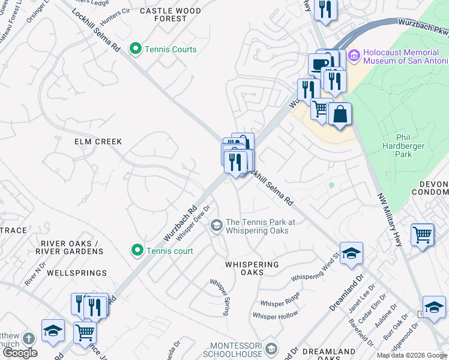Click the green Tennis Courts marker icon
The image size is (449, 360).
pyautogui.click(x=136, y=49)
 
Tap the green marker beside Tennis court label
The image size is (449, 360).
pyautogui.click(x=137, y=251)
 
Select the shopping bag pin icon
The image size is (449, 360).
pyautogui.click(x=340, y=115)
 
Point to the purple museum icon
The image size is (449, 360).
pyautogui.click(x=354, y=56)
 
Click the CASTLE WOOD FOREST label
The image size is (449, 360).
pyautogui.click(x=170, y=14)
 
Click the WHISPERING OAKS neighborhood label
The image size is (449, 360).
pyautogui.click(x=252, y=269)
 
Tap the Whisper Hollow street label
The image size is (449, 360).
pyautogui.click(x=275, y=315)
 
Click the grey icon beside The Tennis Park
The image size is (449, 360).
pyautogui.click(x=216, y=226)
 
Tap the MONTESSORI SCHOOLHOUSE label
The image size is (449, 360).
pyautogui.click(x=236, y=350)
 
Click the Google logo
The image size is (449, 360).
pyautogui.click(x=20, y=353)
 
